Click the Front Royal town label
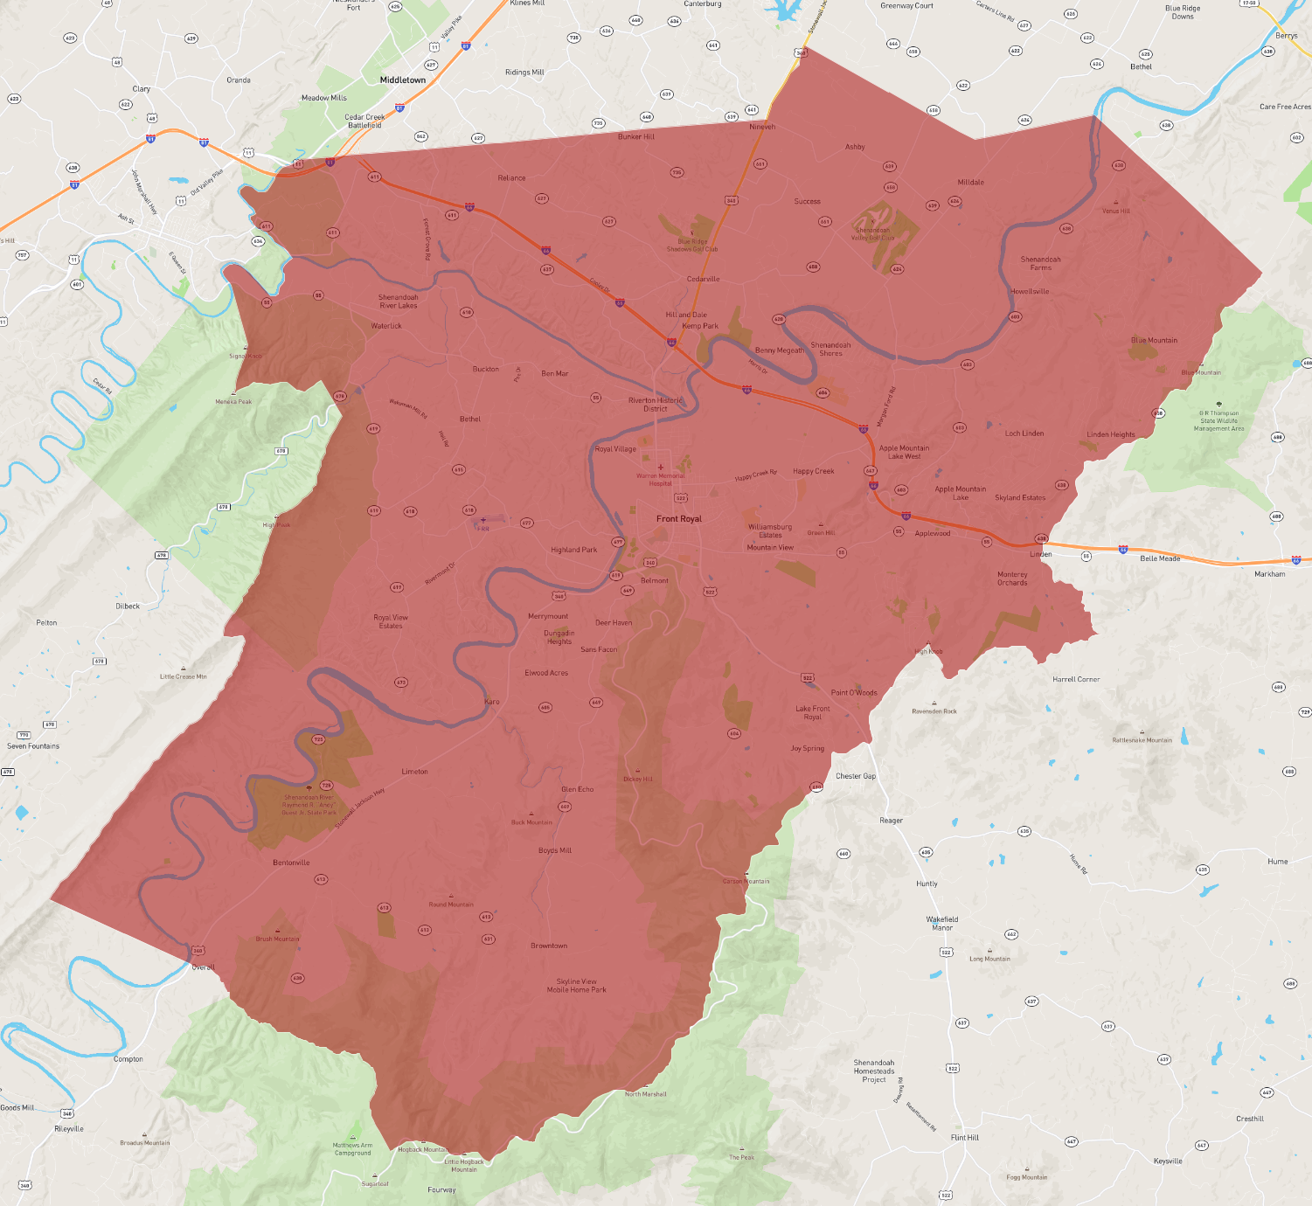pos(679,519)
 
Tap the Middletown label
pos(403,80)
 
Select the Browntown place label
pos(549,946)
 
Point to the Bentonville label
pos(291,863)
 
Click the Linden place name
pos(1041,554)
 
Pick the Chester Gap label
pos(856,776)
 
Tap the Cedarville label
pos(703,279)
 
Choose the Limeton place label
pos(414,772)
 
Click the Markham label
pos(1270,574)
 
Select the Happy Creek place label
pos(814,471)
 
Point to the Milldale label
pos(971,183)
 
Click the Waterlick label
pos(386,326)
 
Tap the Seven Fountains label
pos(33,746)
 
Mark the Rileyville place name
pos(69,1129)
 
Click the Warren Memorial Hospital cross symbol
pos(661,468)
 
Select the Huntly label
pos(927,884)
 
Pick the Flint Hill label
pos(965,1138)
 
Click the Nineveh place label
pos(762,127)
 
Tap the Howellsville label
pos(1030,291)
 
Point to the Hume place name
pos(1278,862)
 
